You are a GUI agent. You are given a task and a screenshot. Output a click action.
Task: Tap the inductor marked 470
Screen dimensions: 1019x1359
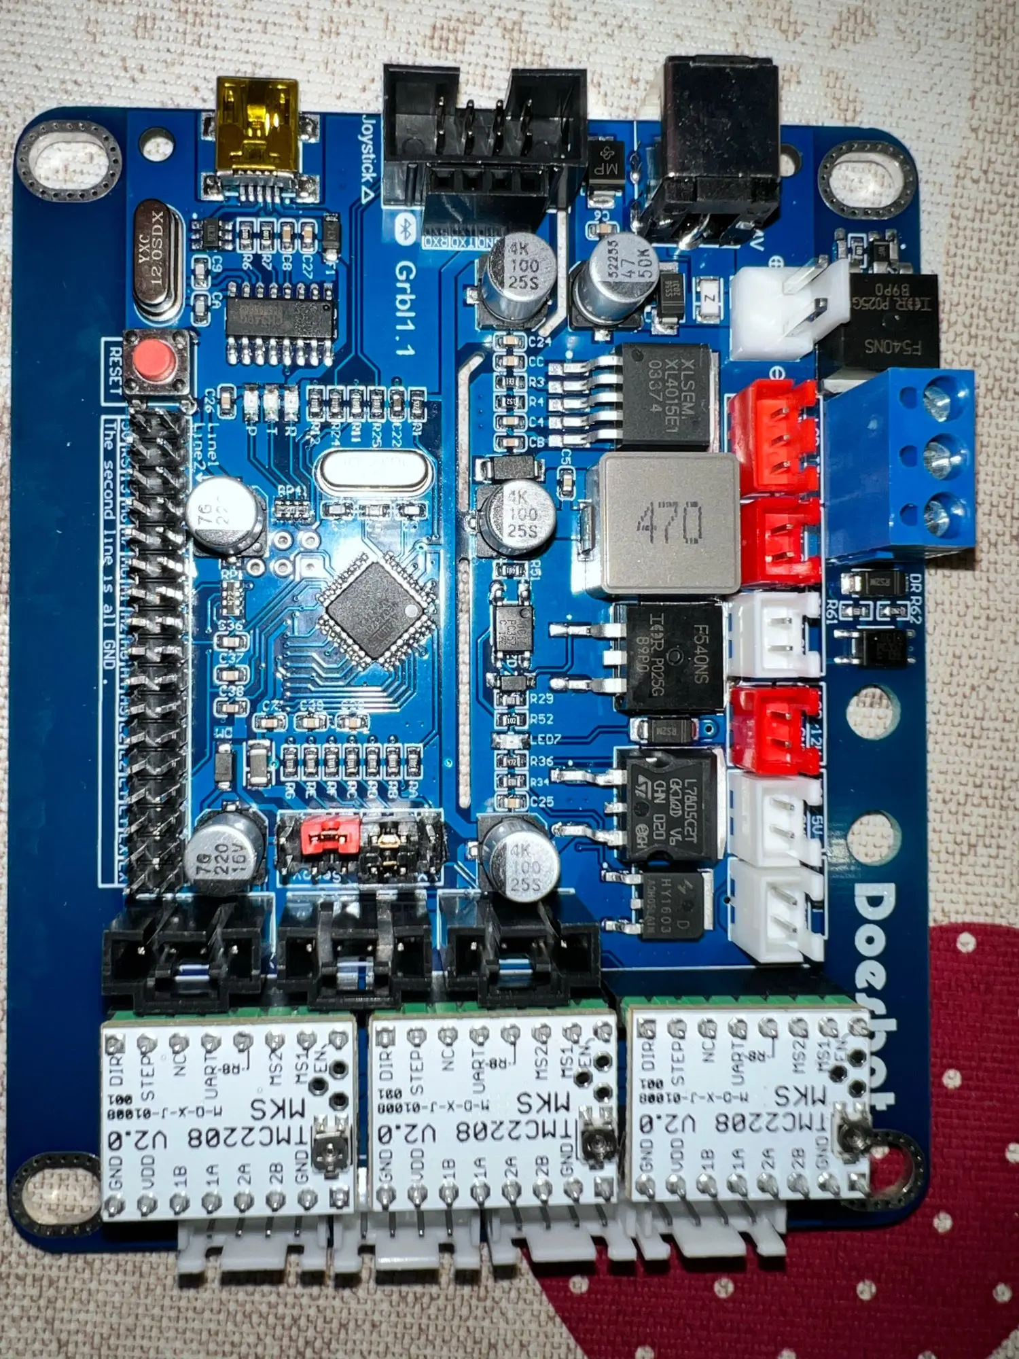[x=670, y=523]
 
